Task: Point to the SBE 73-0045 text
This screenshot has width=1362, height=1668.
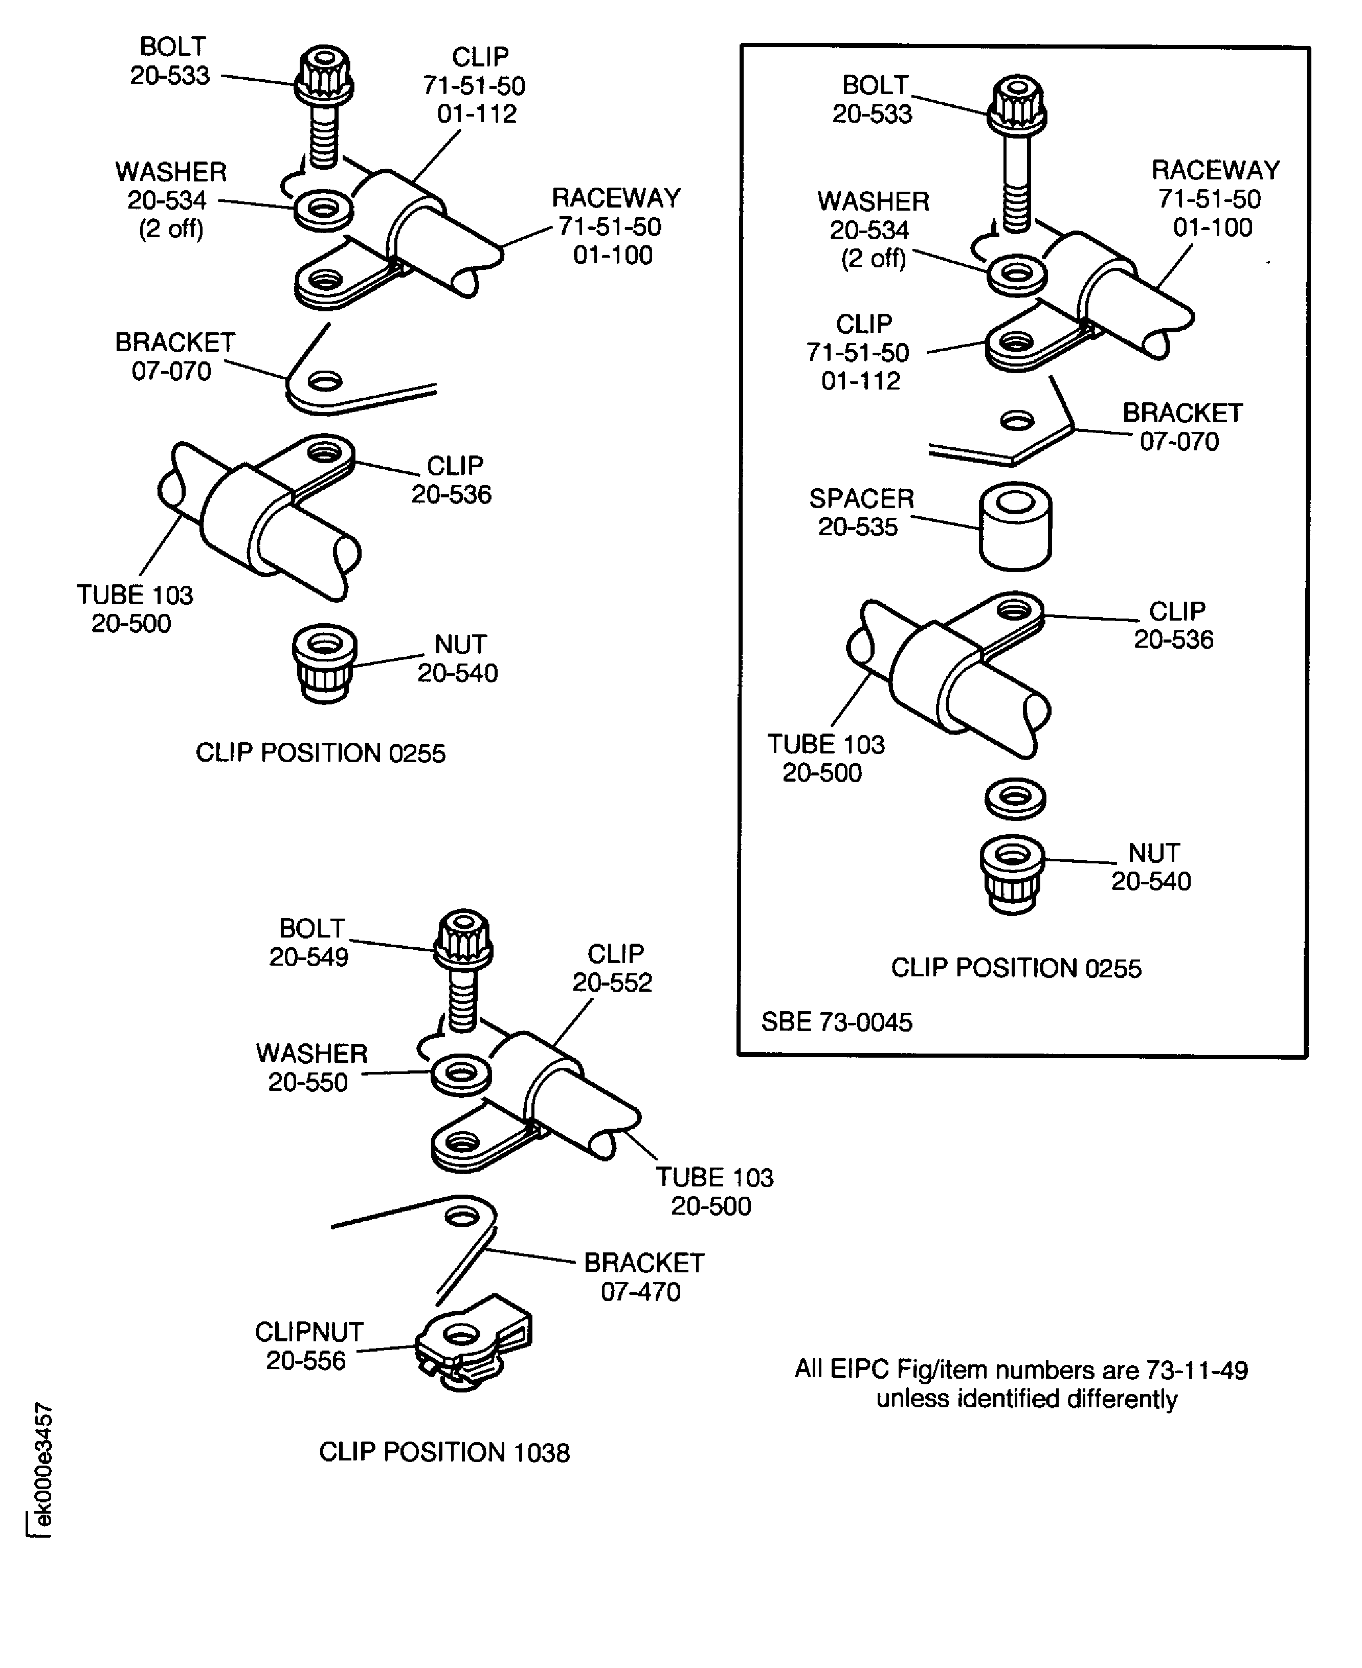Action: coord(836,1022)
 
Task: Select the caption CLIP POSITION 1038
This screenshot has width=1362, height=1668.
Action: coord(444,1452)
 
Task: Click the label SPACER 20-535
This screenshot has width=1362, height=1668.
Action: coord(861,513)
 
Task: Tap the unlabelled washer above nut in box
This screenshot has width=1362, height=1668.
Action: coord(1015,797)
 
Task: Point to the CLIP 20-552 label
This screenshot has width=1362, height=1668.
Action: coord(614,968)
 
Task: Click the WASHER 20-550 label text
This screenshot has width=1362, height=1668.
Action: coord(310,1067)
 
